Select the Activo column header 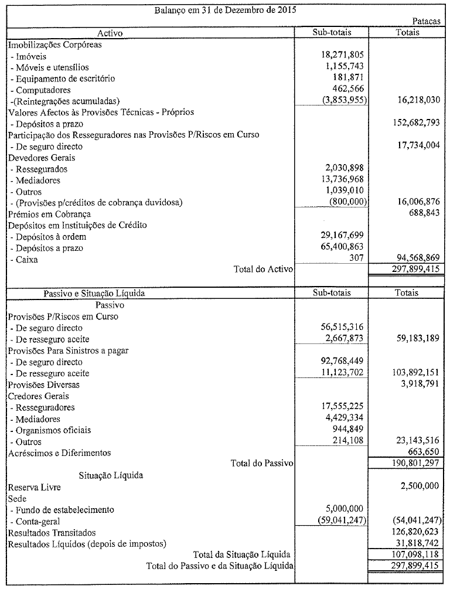111,32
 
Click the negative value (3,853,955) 341,101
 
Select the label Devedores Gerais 37,158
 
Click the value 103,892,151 411,373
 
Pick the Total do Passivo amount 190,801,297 411,464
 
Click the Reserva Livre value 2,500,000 415,486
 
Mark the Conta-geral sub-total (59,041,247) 341,520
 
